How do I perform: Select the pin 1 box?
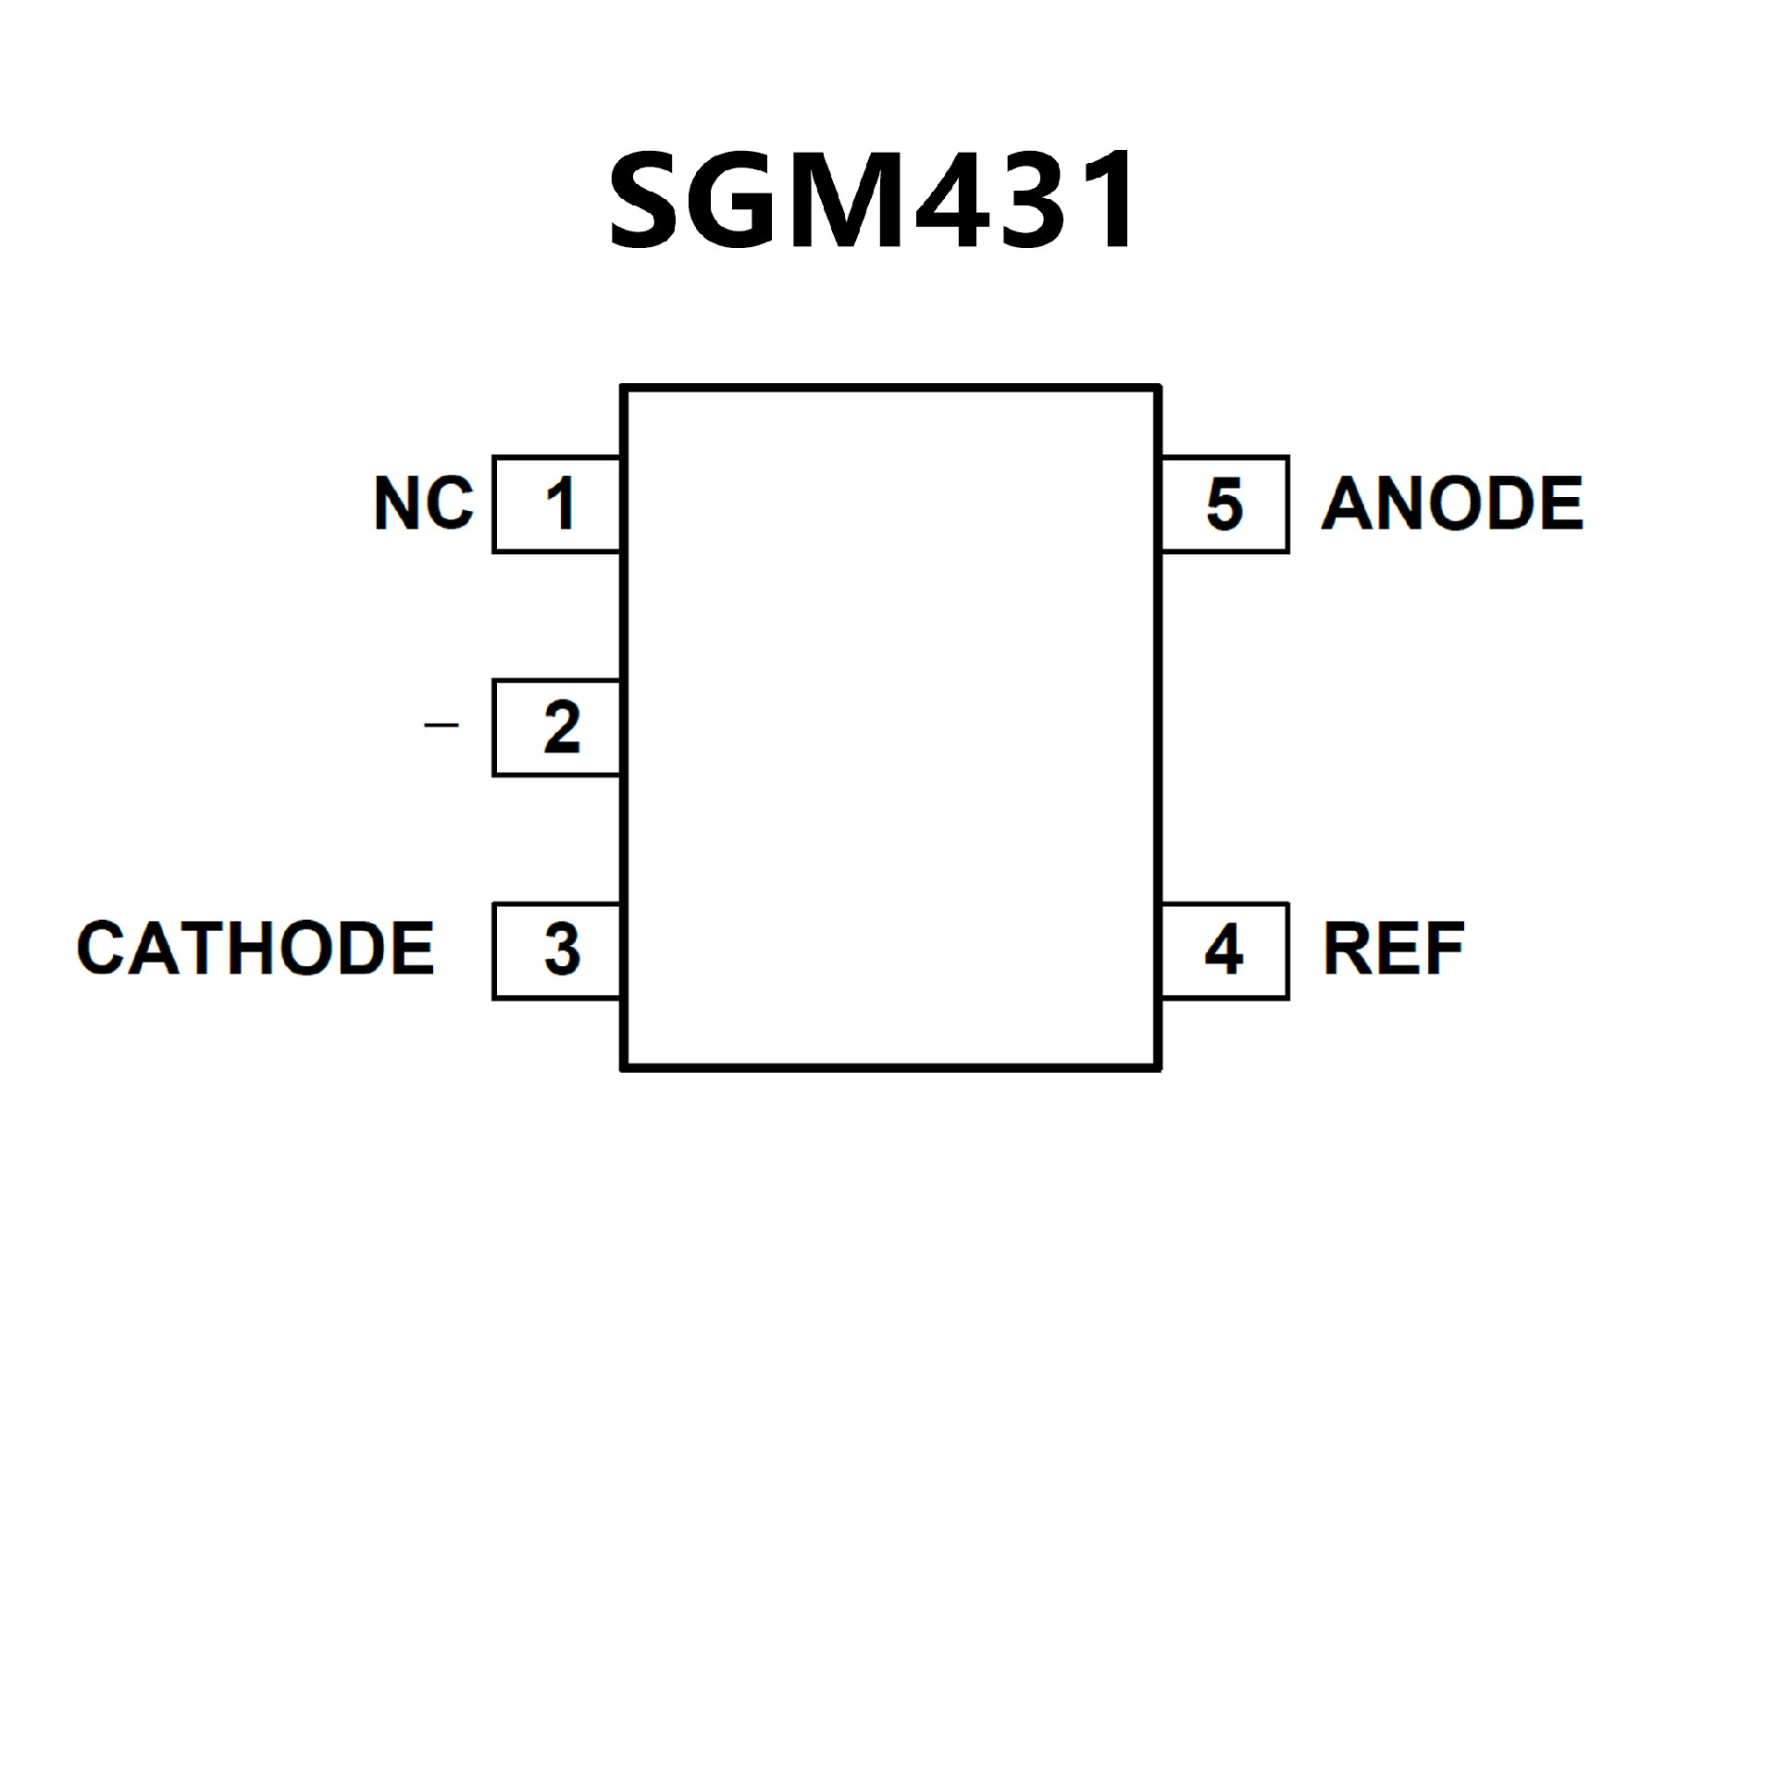click(557, 504)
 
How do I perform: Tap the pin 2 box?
click(557, 727)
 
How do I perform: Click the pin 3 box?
click(557, 951)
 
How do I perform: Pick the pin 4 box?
click(1224, 951)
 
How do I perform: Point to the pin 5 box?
click(1224, 504)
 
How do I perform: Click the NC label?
click(424, 503)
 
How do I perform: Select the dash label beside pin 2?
click(441, 725)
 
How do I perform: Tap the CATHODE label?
click(255, 949)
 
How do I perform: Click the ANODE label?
click(1452, 503)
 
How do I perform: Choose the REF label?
click(1393, 949)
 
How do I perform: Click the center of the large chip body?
click(890, 727)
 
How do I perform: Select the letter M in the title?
click(854, 201)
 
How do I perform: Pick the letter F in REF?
click(1444, 949)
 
